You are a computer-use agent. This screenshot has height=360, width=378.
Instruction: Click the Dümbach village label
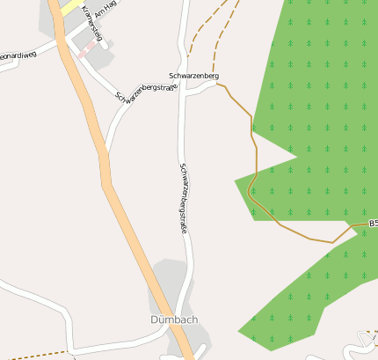coord(173,319)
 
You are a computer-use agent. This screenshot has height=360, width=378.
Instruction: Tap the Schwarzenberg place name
coord(193,77)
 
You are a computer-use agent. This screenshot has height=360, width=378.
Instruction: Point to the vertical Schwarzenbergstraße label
coord(185,197)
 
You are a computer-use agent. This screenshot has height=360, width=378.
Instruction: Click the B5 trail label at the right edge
coord(373,224)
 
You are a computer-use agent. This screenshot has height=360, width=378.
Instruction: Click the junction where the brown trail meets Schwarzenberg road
coord(217,85)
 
